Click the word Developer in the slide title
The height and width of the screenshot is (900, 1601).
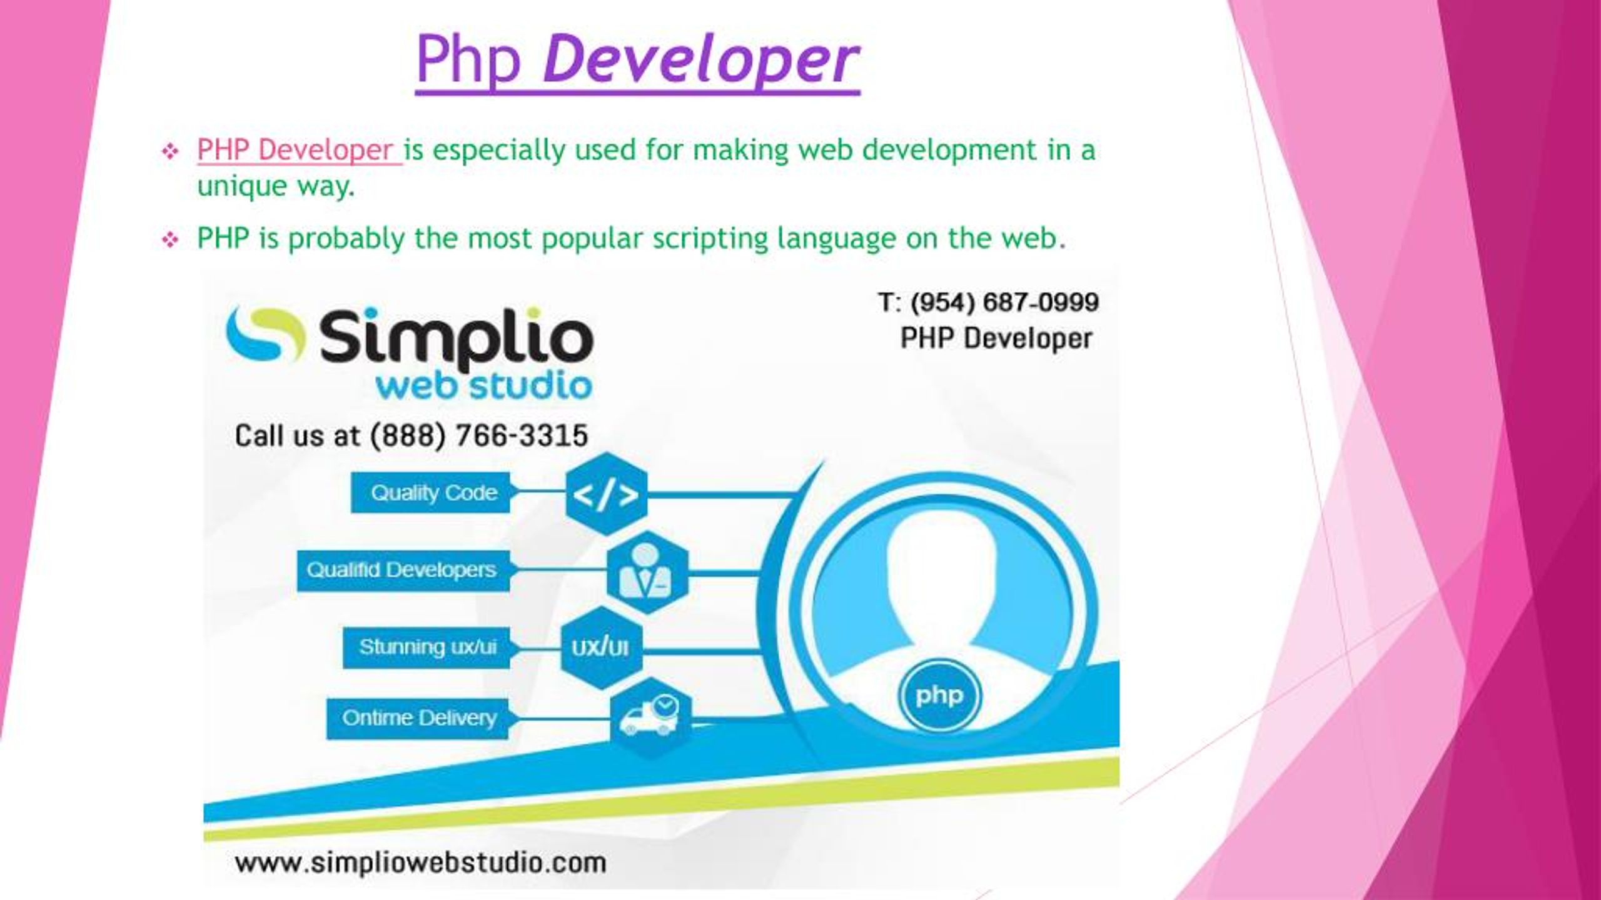(700, 61)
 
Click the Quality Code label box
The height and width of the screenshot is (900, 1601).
(431, 493)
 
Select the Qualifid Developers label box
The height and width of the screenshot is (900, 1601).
(403, 570)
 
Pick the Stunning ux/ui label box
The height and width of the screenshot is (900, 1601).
(427, 647)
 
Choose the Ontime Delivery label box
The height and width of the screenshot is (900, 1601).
(418, 718)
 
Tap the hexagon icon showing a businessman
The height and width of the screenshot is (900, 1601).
(647, 572)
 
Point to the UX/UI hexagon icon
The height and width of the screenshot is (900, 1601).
(601, 647)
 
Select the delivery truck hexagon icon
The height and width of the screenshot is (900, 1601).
(651, 718)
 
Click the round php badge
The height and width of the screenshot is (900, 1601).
(939, 696)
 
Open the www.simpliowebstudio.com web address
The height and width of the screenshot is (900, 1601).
(420, 864)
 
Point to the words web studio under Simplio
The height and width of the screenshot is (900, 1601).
(483, 386)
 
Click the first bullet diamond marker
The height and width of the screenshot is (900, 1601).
(170, 151)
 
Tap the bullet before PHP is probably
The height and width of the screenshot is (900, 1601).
(170, 240)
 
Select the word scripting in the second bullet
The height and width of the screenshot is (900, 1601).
(710, 239)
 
